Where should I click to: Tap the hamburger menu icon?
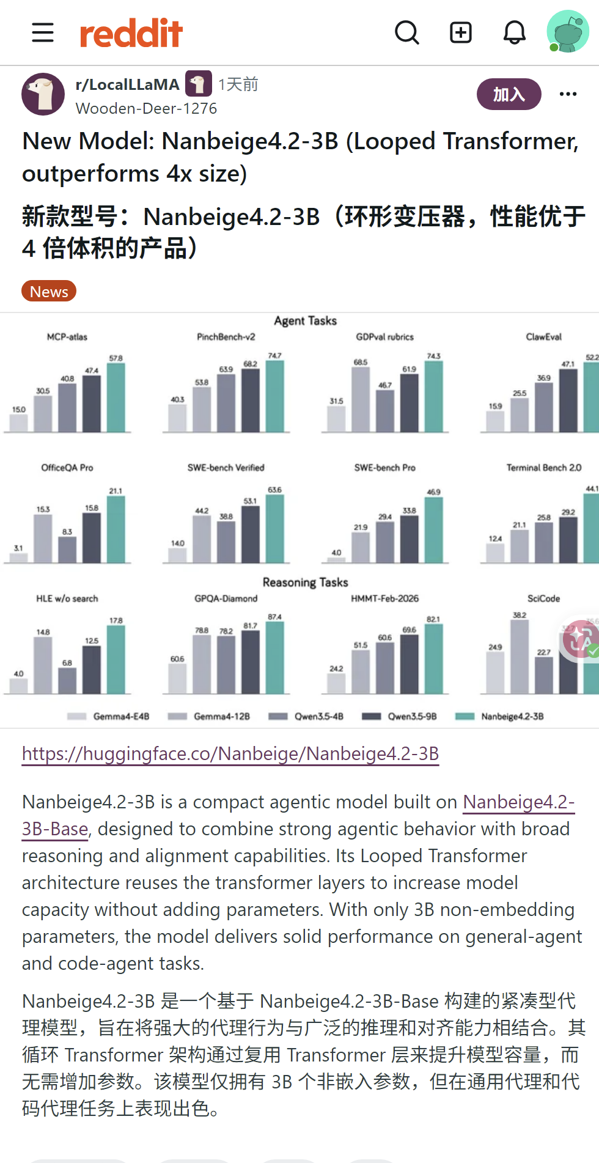(x=43, y=32)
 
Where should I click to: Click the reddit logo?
(x=131, y=33)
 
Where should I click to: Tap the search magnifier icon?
(x=407, y=32)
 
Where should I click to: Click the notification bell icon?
(x=515, y=32)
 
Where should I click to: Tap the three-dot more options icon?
(x=568, y=94)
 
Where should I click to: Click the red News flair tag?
(x=49, y=291)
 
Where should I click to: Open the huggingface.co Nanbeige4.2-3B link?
(x=230, y=754)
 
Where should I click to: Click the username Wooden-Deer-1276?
(x=146, y=108)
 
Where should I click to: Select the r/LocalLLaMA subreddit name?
(x=127, y=84)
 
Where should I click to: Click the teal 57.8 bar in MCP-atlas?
(x=116, y=397)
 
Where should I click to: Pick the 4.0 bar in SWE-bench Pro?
(x=336, y=559)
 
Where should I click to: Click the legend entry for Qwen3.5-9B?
(x=400, y=716)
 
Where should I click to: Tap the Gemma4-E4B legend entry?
(x=108, y=716)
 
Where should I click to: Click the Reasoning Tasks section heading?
(x=306, y=582)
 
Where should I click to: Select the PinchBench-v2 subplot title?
(x=226, y=337)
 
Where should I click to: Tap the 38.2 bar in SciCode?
(x=520, y=657)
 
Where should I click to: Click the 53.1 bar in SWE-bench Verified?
(x=251, y=534)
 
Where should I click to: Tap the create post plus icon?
(x=461, y=32)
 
